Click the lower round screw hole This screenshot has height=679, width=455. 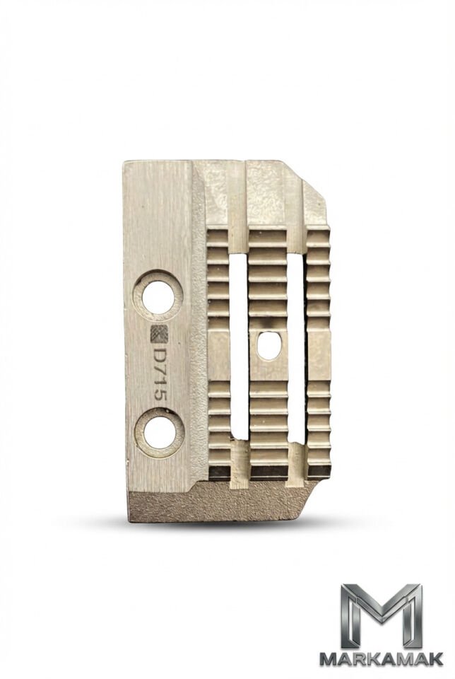(160, 431)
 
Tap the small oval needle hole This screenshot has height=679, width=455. (269, 346)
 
